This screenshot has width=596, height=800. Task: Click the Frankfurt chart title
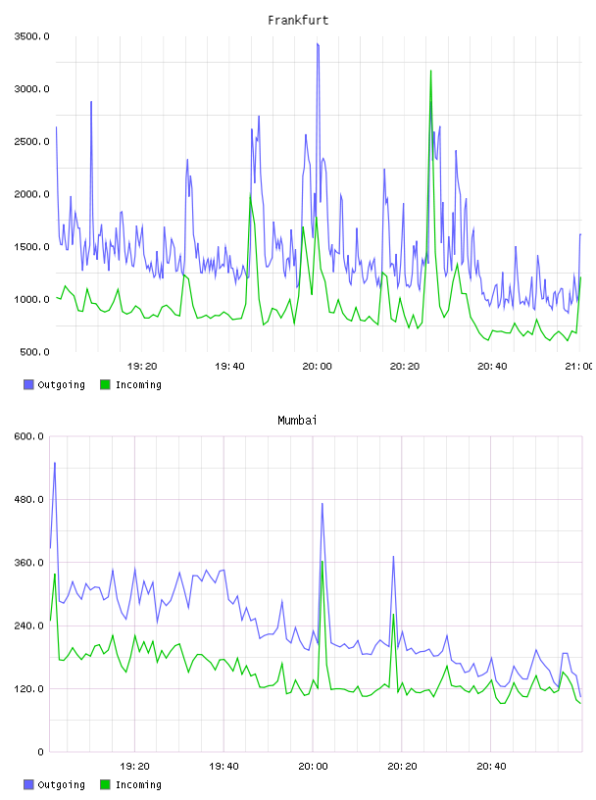point(298,21)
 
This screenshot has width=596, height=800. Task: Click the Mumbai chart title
point(297,421)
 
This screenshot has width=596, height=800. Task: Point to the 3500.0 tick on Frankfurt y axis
point(31,36)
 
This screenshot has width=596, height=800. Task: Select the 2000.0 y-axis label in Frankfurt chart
point(31,194)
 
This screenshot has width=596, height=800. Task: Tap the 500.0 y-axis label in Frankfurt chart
point(34,352)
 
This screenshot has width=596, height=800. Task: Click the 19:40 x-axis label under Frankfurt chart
point(229,366)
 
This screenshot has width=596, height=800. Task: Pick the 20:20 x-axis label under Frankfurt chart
point(405,366)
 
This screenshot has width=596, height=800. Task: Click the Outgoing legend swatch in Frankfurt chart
point(28,384)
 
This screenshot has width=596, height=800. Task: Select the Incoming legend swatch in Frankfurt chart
point(105,384)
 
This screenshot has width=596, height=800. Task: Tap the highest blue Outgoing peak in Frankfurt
point(318,44)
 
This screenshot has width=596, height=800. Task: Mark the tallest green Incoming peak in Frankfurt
point(430,71)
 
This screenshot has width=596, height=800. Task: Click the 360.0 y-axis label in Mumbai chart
point(28,562)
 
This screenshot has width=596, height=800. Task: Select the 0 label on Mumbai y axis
point(41,752)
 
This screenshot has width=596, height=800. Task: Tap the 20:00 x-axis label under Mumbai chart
point(313,766)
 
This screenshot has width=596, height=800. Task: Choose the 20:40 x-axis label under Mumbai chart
point(491,766)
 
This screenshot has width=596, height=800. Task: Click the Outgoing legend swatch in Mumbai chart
point(28,784)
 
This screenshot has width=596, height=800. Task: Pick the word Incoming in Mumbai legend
point(138,784)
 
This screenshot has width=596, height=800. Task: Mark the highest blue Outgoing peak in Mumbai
point(55,464)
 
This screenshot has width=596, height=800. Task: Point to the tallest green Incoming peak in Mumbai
point(322,562)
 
